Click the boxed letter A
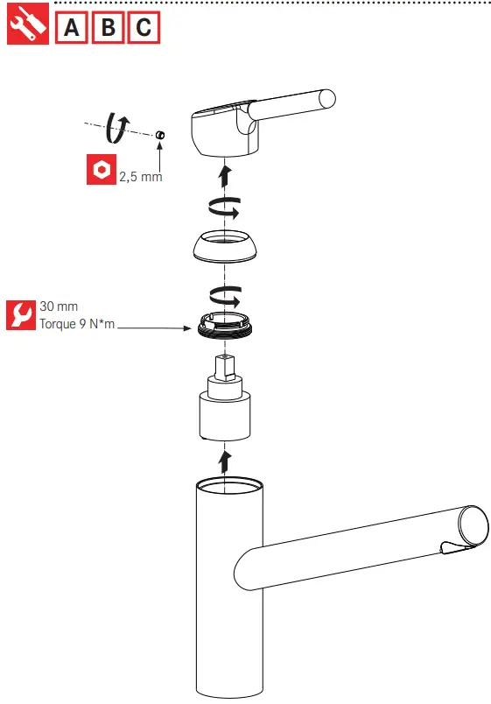pyautogui.click(x=73, y=28)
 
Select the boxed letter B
pyautogui.click(x=108, y=28)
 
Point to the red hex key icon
pyautogui.click(x=101, y=169)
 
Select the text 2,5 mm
pyautogui.click(x=141, y=177)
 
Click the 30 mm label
pyautogui.click(x=59, y=306)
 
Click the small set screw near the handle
pyautogui.click(x=161, y=135)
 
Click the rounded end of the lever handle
pyautogui.click(x=326, y=98)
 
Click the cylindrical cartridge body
pyautogui.click(x=225, y=417)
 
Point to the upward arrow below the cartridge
pyautogui.click(x=225, y=461)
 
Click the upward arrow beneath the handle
pyautogui.click(x=225, y=174)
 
